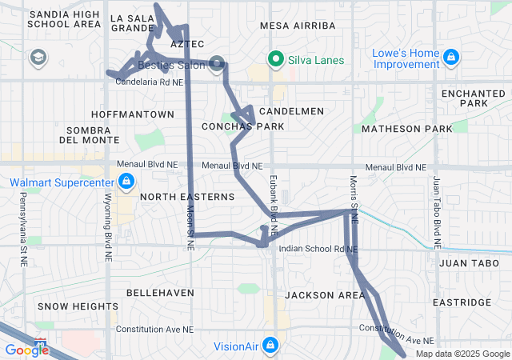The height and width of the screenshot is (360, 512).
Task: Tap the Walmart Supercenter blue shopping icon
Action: coord(125,183)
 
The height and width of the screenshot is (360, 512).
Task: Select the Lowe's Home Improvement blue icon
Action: coord(451,58)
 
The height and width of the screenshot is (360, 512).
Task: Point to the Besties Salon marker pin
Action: coord(217,62)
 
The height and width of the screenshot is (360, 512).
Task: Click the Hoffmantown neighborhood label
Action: coord(133,114)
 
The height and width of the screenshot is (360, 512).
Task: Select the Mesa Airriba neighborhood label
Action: coord(298,26)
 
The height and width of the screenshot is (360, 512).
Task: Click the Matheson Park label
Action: coord(406,128)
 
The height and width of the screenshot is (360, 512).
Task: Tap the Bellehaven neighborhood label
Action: coord(160,293)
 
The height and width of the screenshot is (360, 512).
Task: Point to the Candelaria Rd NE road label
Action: coord(150,82)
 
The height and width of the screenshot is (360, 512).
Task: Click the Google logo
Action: coord(26,350)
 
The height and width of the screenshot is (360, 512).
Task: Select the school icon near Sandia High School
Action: coord(38,58)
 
